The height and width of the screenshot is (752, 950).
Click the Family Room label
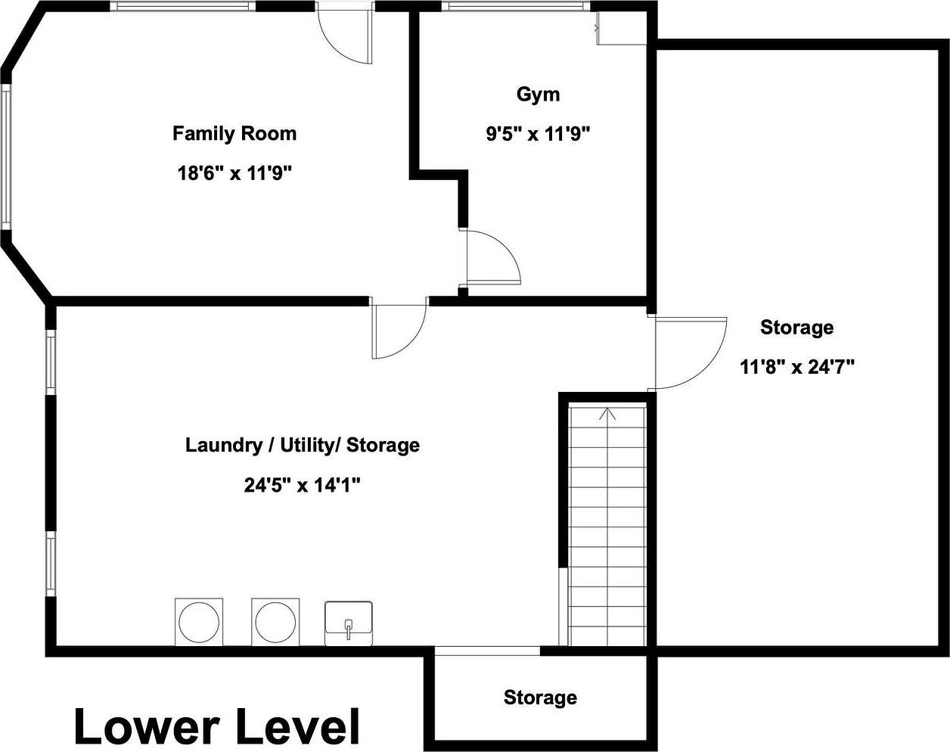(234, 134)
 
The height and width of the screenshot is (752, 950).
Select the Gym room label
(538, 95)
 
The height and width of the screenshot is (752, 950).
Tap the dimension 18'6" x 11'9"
(234, 173)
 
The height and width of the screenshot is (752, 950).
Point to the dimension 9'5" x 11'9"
(538, 135)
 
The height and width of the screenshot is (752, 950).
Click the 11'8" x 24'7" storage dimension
(796, 367)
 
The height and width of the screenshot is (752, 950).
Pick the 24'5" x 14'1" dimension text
(301, 485)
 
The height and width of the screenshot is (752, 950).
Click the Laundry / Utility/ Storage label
(302, 445)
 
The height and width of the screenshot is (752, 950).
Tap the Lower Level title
(216, 726)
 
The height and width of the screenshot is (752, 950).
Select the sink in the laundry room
(349, 623)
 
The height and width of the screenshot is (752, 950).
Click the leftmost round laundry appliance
(199, 622)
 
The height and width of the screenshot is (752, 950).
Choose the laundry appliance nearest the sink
(275, 622)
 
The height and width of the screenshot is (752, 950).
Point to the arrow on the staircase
(607, 413)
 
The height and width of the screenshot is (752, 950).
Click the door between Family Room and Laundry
(399, 331)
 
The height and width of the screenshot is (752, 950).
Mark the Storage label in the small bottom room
(540, 698)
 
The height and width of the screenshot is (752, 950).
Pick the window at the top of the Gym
(515, 6)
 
